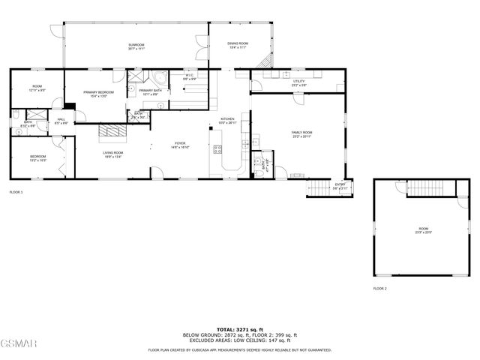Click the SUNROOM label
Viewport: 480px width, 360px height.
[x=136, y=45]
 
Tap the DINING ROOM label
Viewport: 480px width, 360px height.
[x=238, y=44]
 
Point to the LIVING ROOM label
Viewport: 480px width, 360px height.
[x=113, y=152]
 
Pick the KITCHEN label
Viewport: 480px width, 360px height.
[x=227, y=119]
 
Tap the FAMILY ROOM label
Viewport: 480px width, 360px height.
[x=302, y=133]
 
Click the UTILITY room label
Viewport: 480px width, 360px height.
[x=299, y=82]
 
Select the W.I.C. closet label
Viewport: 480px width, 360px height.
[x=190, y=75]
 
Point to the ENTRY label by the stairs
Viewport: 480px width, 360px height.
[x=340, y=184]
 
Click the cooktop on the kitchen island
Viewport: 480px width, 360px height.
[x=218, y=148]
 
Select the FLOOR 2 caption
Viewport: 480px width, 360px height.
[x=379, y=288]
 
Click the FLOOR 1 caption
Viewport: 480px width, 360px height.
[x=16, y=193]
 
